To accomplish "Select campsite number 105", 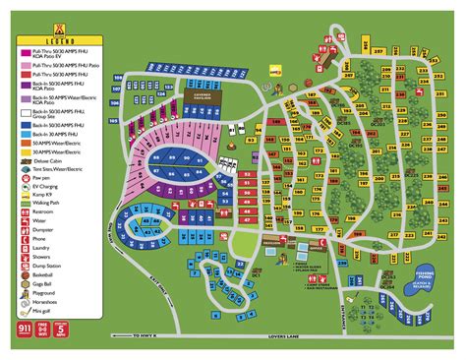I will point(113,122).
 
